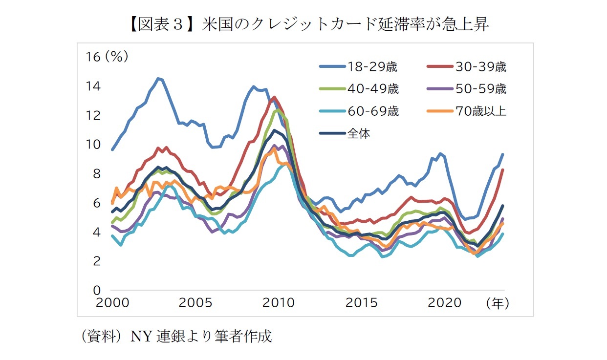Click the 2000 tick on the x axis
[x=113, y=303]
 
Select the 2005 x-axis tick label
[x=195, y=303]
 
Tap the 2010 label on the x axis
[x=278, y=303]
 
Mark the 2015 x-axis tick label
[x=361, y=303]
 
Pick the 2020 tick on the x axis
[x=444, y=303]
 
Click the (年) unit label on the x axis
[x=498, y=303]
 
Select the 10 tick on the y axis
[x=93, y=145]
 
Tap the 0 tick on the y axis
[x=96, y=290]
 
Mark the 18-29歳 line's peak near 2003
[x=157, y=78]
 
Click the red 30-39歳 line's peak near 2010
[x=274, y=97]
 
